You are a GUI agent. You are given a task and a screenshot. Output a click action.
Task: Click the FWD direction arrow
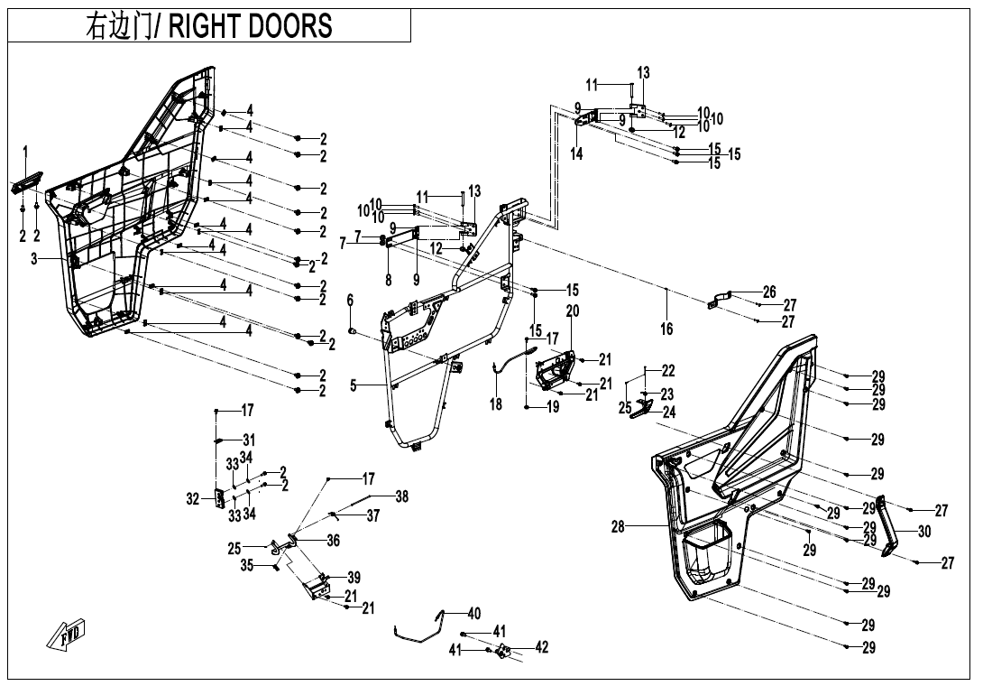pyautogui.click(x=66, y=634)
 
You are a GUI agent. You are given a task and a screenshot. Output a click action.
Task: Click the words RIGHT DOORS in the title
pyautogui.click(x=251, y=26)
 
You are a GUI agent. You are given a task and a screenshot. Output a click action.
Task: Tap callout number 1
pyautogui.click(x=26, y=152)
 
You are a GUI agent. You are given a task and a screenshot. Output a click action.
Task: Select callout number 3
pyautogui.click(x=34, y=258)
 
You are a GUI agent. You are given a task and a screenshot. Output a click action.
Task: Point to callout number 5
pyautogui.click(x=354, y=385)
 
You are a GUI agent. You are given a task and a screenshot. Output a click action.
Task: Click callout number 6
pyautogui.click(x=350, y=301)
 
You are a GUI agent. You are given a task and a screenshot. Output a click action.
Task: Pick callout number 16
pyautogui.click(x=666, y=329)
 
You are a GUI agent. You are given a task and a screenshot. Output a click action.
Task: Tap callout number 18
pyautogui.click(x=496, y=404)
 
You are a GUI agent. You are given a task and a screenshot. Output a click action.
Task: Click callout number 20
pyautogui.click(x=573, y=311)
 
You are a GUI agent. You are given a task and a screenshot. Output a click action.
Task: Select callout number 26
pyautogui.click(x=769, y=292)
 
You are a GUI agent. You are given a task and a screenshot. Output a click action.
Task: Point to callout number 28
pyautogui.click(x=618, y=526)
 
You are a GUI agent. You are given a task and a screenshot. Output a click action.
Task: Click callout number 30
pyautogui.click(x=924, y=532)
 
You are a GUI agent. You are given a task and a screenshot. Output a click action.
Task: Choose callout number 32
pyautogui.click(x=192, y=499)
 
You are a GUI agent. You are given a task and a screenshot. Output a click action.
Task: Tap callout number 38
pyautogui.click(x=401, y=496)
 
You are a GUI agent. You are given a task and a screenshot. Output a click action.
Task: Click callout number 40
pyautogui.click(x=474, y=613)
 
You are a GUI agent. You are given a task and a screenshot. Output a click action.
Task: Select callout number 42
pyautogui.click(x=541, y=647)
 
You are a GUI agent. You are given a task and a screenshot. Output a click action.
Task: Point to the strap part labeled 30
pyautogui.click(x=888, y=526)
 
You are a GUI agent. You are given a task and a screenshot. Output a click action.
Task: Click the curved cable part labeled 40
pyautogui.click(x=421, y=627)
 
